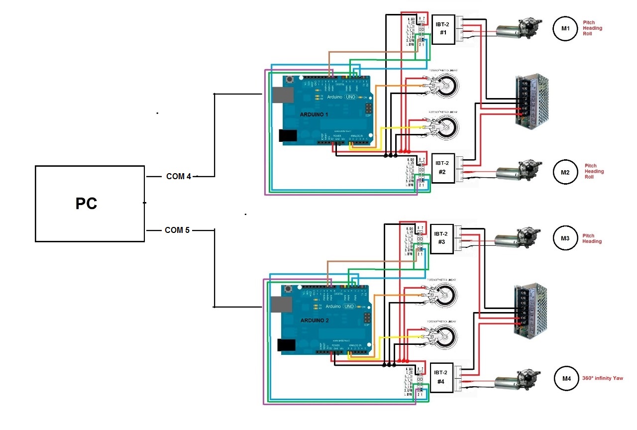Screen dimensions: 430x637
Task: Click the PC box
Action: pos(90,204)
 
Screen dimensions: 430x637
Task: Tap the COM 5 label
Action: pos(178,230)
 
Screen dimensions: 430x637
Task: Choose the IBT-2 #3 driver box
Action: pos(443,238)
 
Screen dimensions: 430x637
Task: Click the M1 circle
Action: pos(565,28)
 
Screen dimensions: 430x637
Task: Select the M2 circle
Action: pos(565,172)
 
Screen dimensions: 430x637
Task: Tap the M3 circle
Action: pos(565,238)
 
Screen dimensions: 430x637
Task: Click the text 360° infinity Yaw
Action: pos(602,378)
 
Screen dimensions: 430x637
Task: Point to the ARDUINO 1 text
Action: pos(314,114)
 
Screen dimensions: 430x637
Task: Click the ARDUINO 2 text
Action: pos(314,321)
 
